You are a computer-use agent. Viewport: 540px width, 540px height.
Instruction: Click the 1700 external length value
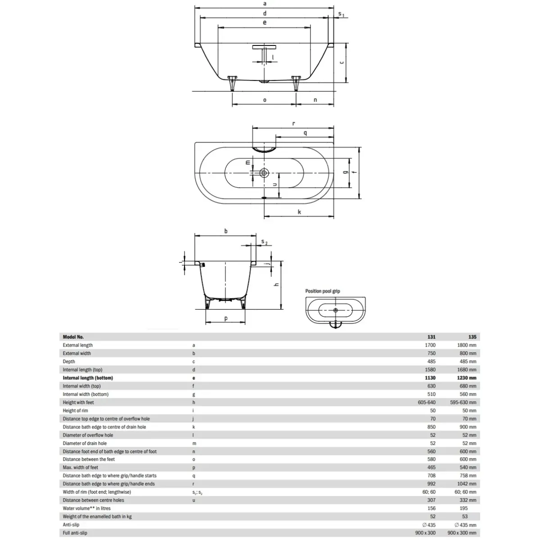pyautogui.click(x=430, y=345)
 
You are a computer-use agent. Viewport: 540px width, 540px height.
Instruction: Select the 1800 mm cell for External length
pyautogui.click(x=467, y=345)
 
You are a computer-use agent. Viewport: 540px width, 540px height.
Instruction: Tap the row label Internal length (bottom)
pyautogui.click(x=88, y=378)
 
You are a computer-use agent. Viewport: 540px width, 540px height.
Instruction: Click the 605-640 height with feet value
pyautogui.click(x=427, y=402)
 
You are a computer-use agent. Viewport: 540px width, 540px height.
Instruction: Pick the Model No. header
pyautogui.click(x=73, y=337)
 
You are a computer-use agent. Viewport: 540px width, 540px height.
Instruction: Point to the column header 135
pyautogui.click(x=472, y=337)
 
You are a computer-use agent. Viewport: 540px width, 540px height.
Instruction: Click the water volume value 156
pyautogui.click(x=432, y=508)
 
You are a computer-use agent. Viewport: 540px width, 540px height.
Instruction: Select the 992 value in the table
pyautogui.click(x=432, y=484)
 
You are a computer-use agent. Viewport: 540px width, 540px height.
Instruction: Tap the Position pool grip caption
pyautogui.click(x=323, y=291)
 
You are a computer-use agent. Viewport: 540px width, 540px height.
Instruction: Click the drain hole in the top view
pyautogui.click(x=264, y=173)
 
